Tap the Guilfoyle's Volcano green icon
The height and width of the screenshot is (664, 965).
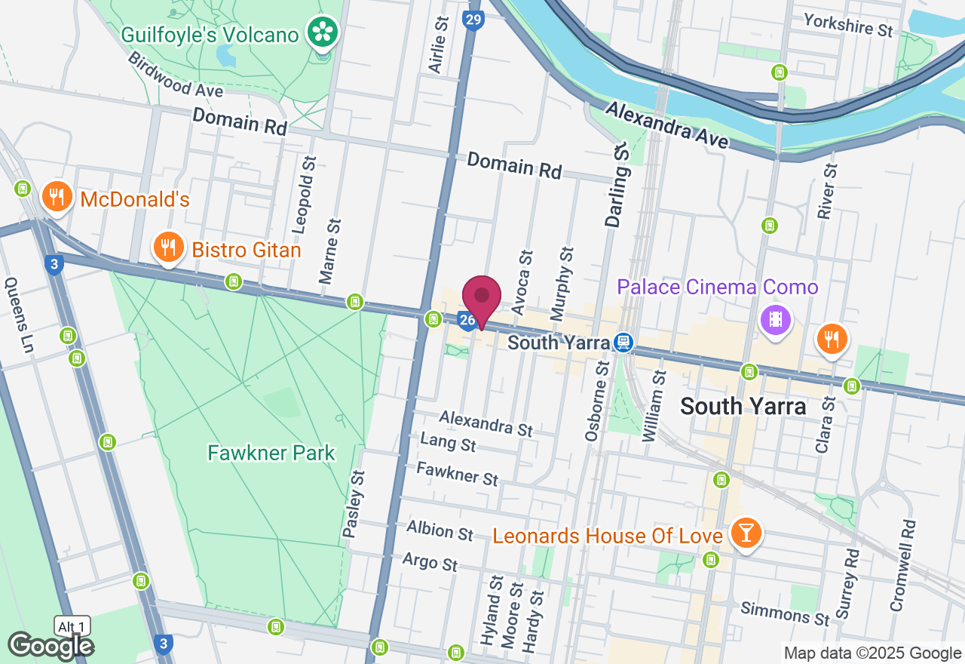[x=323, y=31]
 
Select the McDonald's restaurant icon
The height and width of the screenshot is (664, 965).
[x=55, y=196]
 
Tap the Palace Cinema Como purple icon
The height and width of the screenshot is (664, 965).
[x=775, y=318]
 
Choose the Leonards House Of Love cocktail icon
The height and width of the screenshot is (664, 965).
[x=746, y=533]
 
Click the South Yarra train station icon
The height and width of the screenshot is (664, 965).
[x=623, y=343]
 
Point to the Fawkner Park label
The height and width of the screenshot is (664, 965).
[x=271, y=453]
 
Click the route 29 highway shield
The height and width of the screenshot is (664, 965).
[x=473, y=21]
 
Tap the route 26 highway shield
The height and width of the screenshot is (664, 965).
[x=467, y=321]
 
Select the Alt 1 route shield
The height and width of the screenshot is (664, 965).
[x=73, y=626]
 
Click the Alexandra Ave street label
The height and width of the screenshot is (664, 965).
[x=666, y=125]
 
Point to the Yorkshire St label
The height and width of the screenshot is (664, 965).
[x=847, y=25]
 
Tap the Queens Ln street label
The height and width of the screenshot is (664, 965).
[x=20, y=315]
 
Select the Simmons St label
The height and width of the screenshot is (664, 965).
[x=785, y=613]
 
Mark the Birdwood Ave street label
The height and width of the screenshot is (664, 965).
[x=175, y=74]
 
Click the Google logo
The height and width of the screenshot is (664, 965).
[x=51, y=646]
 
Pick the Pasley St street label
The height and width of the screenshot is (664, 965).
[x=353, y=503]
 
